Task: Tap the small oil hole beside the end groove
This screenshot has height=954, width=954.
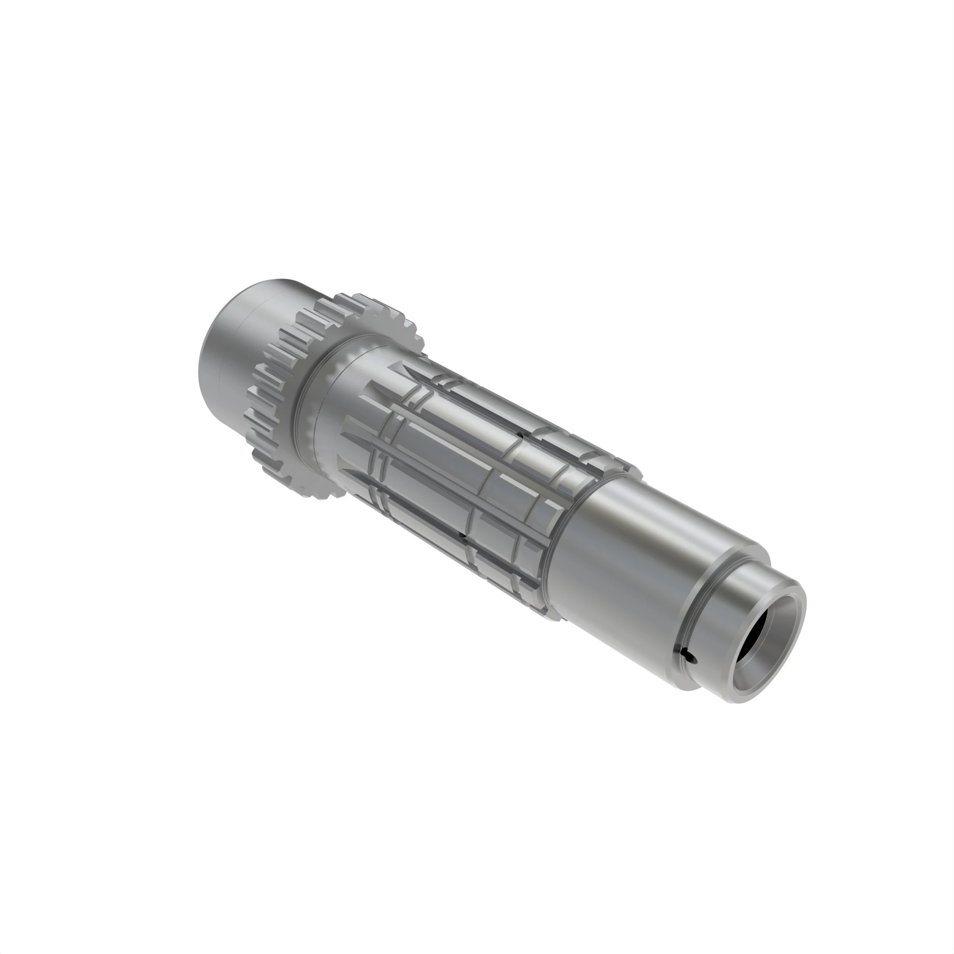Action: (688, 655)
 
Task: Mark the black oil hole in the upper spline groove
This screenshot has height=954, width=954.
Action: (520, 435)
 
